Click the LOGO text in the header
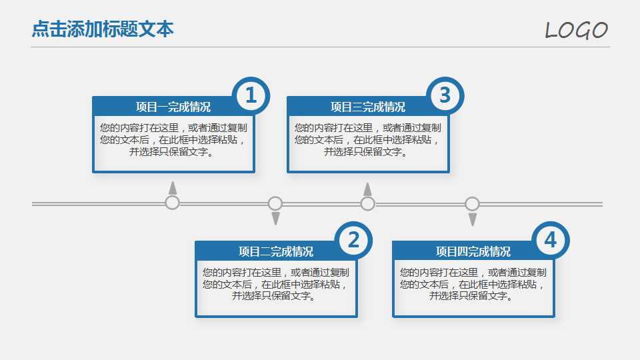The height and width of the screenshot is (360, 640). click(576, 30)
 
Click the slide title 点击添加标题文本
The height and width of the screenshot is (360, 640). click(103, 29)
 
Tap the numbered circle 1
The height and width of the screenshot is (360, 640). click(251, 96)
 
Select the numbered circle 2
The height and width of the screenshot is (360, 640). click(353, 240)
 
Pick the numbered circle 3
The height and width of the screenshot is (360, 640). click(445, 96)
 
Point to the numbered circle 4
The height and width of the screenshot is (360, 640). click(550, 240)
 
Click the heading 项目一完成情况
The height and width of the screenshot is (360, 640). click(173, 107)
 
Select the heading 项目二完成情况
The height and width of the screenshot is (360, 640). click(275, 251)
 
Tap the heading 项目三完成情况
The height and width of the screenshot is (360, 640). click(367, 107)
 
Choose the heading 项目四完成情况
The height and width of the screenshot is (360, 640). click(473, 251)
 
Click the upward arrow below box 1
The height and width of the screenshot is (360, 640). click(173, 187)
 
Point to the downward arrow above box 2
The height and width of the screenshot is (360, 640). click(275, 219)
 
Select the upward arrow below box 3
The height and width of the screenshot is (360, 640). click(367, 189)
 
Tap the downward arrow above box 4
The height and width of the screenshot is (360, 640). click(473, 219)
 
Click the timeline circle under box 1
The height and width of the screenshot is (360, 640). click(173, 203)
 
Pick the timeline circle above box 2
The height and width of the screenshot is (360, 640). click(275, 203)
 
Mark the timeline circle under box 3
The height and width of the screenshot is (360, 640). click(367, 203)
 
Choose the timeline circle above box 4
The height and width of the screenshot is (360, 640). click(472, 203)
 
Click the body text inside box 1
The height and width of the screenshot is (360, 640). click(173, 140)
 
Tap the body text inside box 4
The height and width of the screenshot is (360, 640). click(473, 284)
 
